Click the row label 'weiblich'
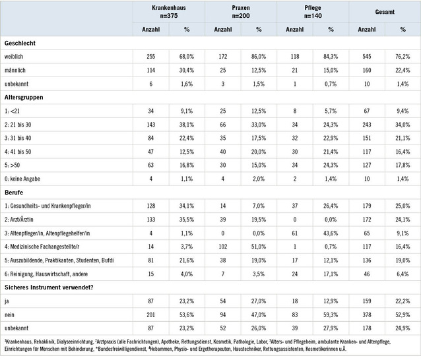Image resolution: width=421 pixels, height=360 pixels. click(15, 57)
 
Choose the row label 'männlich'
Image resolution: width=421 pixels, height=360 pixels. click(16, 71)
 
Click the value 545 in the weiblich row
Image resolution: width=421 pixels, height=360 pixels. click(366, 57)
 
